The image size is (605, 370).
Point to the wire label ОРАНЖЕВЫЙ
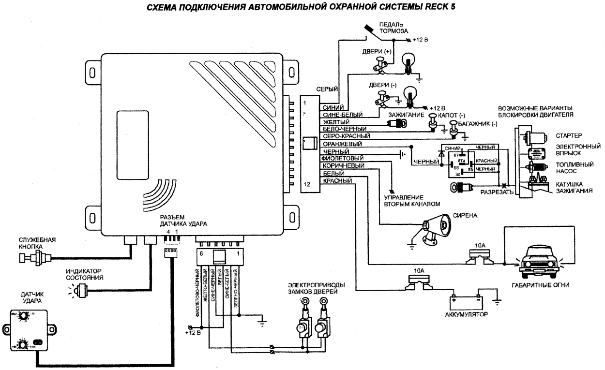[339, 144]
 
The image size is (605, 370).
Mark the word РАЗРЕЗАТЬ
[496, 192]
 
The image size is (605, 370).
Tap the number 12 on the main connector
[306, 184]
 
